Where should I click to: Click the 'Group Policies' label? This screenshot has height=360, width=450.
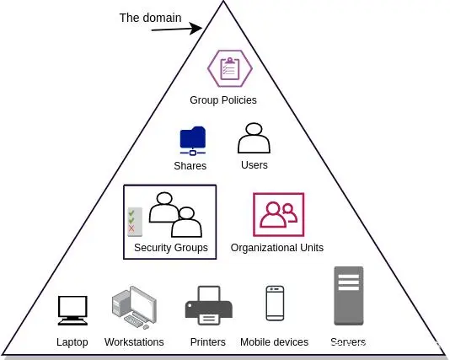pos(223,100)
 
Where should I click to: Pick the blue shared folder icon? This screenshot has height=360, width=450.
pos(192,141)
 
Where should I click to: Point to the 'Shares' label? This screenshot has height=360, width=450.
pos(190,166)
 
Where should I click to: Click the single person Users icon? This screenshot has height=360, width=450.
pos(254,137)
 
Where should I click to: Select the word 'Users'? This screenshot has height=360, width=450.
pos(254,165)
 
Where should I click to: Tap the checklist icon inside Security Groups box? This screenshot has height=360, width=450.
pos(132,221)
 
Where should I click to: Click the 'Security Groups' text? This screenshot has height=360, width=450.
pos(171,248)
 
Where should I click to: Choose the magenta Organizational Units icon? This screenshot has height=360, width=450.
pos(278,215)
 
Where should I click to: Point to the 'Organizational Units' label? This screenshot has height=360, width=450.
pos(277,248)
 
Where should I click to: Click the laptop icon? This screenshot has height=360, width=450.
pos(72,310)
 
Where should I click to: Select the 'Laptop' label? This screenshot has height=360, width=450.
pos(72,342)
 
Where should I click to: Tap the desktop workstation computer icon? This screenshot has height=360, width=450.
pos(133,307)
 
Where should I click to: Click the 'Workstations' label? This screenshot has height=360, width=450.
pos(134,342)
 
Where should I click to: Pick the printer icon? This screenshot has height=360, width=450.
pos(207,306)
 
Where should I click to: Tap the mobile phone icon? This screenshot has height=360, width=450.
pos(275,304)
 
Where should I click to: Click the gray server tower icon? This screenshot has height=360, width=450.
pos(348,296)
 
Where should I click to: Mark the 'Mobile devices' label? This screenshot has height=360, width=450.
pos(274,342)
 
